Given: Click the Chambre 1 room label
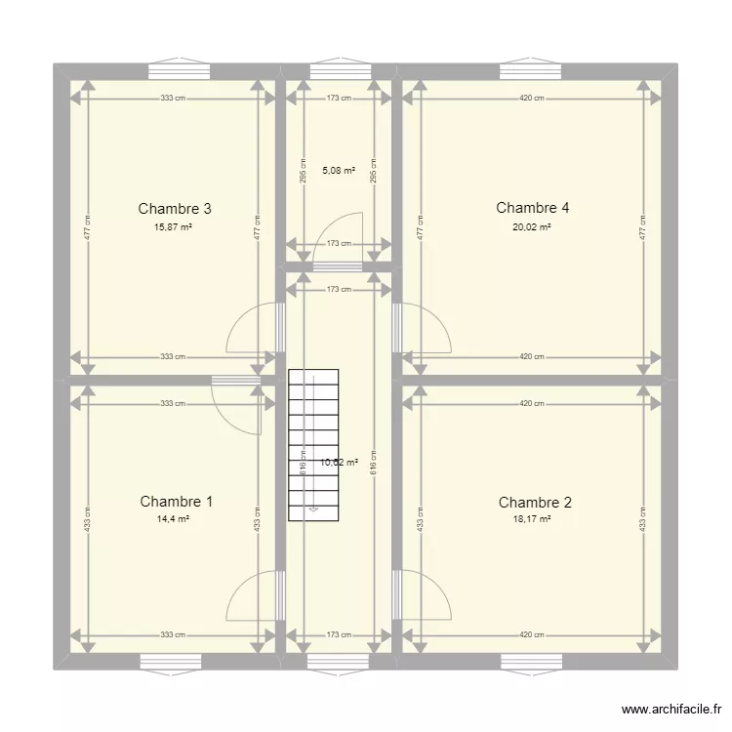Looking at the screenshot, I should tap(176, 502).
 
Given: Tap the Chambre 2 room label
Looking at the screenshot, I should tap(535, 503).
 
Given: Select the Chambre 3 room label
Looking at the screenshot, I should tap(175, 208).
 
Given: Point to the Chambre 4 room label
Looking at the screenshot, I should tap(532, 207).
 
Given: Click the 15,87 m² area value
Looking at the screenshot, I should tap(173, 226).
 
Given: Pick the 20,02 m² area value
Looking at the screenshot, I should tap(532, 226).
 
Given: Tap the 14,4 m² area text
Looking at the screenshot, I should tap(172, 519).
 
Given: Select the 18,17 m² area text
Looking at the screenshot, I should tap(532, 519).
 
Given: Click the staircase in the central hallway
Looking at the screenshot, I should tap(312, 444).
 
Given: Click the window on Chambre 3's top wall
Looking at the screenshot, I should tap(178, 71).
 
